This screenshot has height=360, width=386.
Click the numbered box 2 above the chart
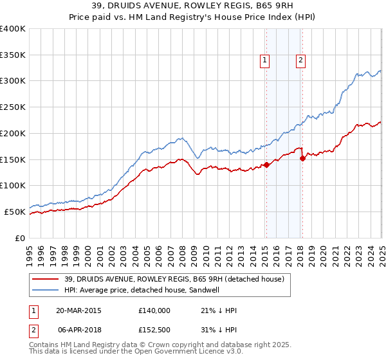300,60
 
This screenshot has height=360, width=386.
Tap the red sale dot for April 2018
302,157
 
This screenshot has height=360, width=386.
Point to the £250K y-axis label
13,107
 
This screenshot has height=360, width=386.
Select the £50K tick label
15,212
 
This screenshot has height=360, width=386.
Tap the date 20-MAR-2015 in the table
78,310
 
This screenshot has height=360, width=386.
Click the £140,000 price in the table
154,310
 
